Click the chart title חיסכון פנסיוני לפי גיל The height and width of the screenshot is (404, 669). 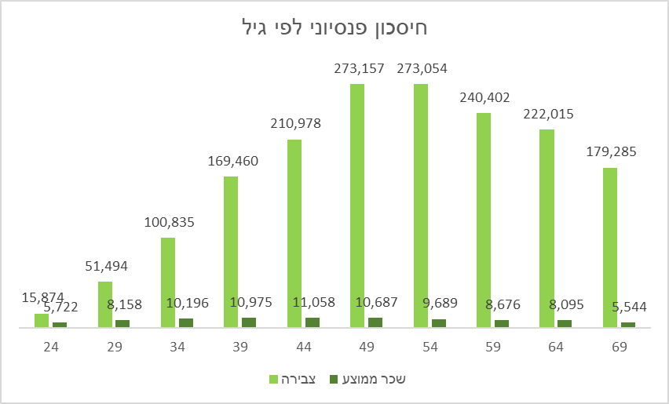334,30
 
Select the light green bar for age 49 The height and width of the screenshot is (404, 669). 357,204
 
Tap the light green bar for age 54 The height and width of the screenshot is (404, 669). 420,204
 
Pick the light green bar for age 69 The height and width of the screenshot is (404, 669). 609,246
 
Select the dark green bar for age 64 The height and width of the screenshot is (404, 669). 565,323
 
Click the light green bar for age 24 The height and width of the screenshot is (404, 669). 42,320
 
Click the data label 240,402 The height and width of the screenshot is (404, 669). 484,97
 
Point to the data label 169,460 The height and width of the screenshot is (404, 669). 232,162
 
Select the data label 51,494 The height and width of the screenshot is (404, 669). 106,266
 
